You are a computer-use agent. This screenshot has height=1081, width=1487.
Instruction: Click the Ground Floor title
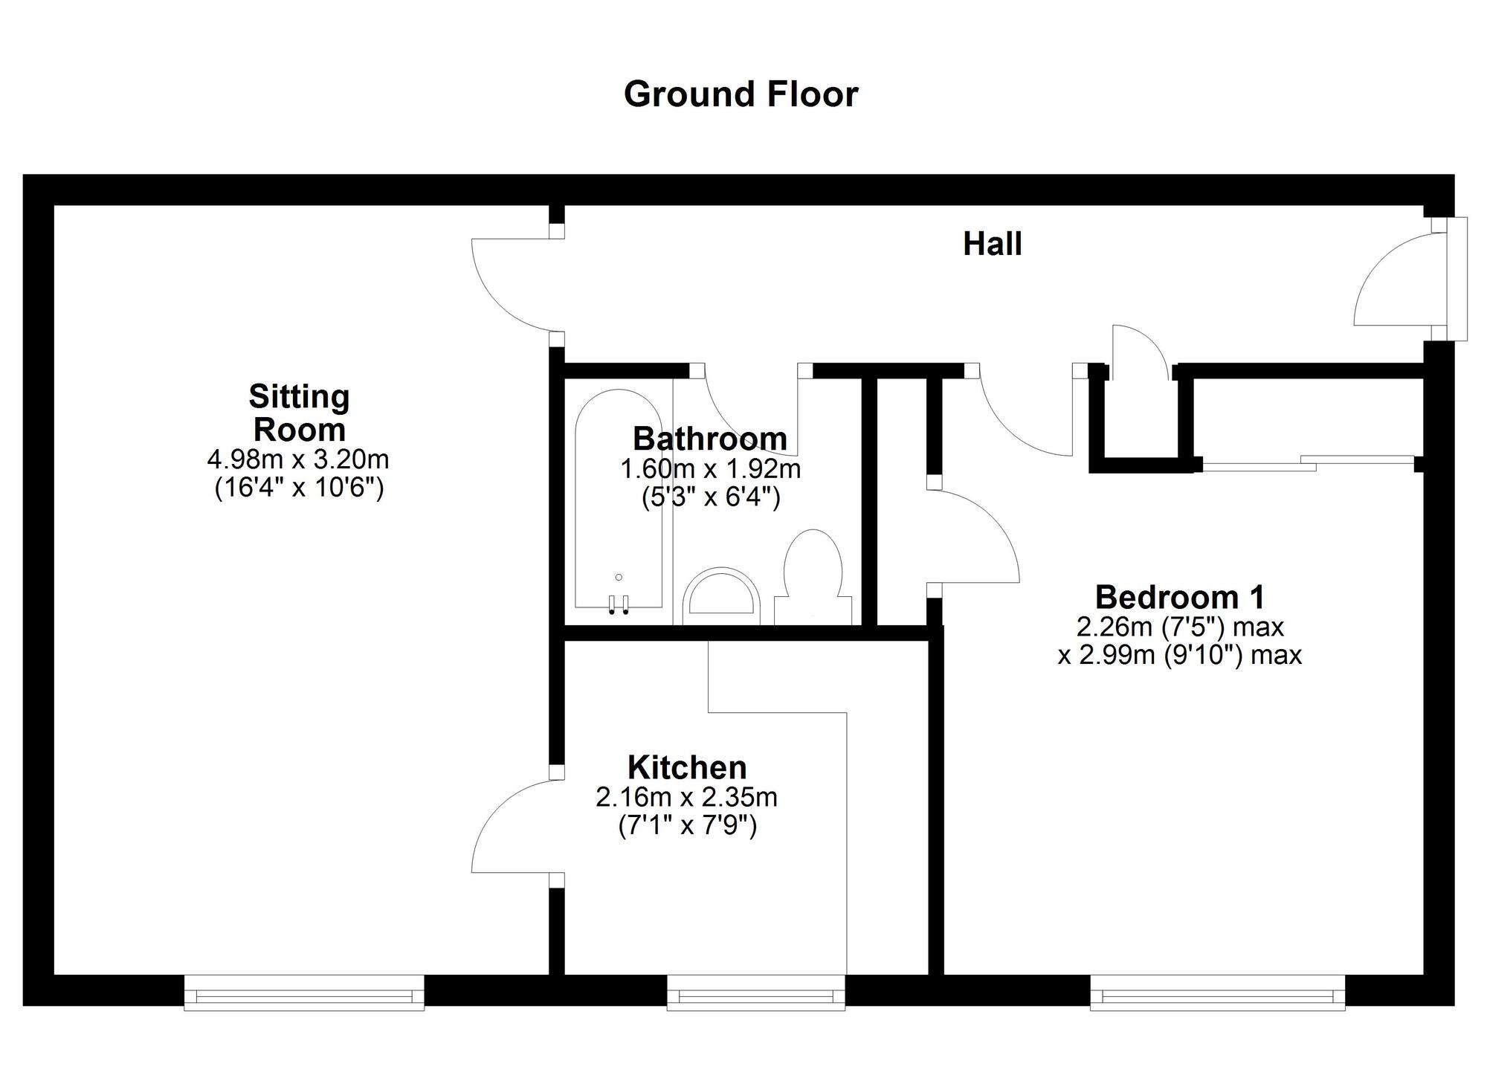741,94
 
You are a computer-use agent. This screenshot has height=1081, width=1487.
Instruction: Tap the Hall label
992,245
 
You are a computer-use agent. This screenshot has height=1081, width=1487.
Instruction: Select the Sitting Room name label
299,413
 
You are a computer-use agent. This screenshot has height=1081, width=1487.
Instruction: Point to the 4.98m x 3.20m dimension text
298,459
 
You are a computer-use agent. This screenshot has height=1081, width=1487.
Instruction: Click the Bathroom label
709,439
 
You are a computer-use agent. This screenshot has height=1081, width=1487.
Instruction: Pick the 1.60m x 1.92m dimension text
710,469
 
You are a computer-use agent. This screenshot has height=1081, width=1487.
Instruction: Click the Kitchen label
687,767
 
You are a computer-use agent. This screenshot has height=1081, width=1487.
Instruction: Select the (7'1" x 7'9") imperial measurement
687,826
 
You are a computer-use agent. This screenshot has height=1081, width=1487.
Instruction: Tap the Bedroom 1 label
1180,597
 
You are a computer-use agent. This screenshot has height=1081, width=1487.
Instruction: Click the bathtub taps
619,604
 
